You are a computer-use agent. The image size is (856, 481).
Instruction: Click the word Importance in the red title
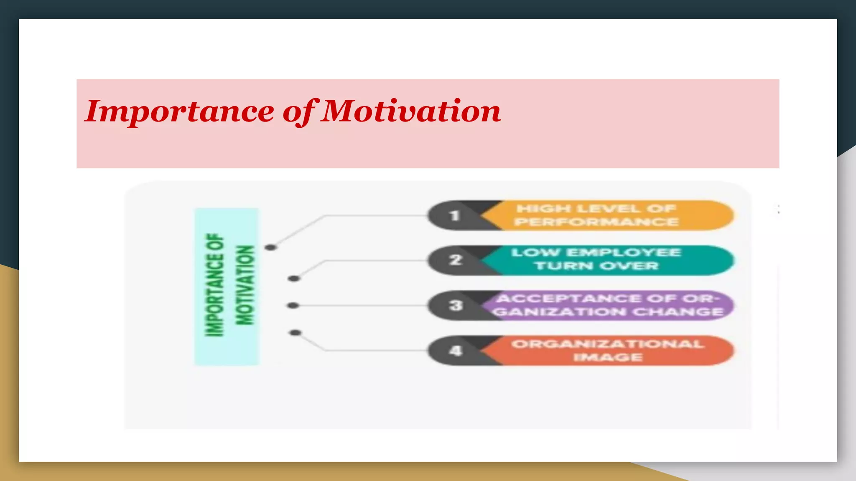click(180, 112)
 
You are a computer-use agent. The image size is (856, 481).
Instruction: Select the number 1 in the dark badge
click(455, 216)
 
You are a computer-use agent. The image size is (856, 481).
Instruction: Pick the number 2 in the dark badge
click(455, 260)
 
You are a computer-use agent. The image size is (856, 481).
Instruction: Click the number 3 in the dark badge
click(456, 306)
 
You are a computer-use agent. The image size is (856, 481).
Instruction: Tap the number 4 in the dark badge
click(456, 351)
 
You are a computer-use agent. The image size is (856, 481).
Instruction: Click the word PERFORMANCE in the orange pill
click(596, 222)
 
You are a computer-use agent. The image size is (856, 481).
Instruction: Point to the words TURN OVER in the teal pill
click(596, 266)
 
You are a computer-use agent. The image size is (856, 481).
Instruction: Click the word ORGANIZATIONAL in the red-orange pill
click(608, 344)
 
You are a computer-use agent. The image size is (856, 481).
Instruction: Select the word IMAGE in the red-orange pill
click(608, 357)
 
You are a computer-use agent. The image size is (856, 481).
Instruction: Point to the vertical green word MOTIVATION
click(245, 285)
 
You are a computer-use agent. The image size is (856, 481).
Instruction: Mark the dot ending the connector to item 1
click(271, 248)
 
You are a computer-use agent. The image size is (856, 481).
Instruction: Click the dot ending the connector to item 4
click(295, 333)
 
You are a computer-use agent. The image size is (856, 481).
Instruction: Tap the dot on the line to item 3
click(293, 306)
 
